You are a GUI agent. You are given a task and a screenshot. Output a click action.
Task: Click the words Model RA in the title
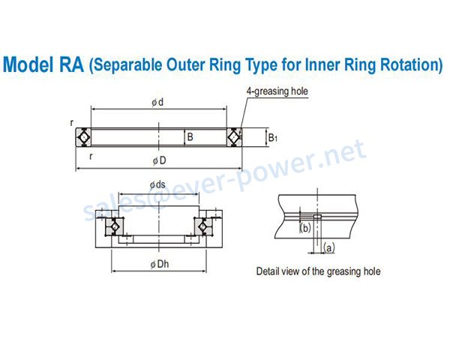point(43,64)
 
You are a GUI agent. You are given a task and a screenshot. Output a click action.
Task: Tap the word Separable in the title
point(126,65)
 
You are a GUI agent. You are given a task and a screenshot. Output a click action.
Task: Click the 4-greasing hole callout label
point(277,91)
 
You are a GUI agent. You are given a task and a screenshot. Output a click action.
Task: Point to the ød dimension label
point(157,102)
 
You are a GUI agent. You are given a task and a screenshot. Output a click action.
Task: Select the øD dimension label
point(159,160)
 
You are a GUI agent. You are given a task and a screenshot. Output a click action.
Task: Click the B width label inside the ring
point(190,137)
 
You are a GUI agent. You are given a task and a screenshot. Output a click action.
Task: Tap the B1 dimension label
point(273,138)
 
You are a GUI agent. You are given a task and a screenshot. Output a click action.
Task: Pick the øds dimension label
point(157,185)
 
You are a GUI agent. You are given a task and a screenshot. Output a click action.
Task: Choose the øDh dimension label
point(160,265)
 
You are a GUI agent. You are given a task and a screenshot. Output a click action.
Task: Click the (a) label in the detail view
point(329,247)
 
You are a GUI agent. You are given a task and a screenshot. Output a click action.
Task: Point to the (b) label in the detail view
point(305,228)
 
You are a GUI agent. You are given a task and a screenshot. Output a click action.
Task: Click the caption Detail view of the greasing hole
point(318,271)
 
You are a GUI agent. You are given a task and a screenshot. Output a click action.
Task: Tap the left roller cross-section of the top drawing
point(83,137)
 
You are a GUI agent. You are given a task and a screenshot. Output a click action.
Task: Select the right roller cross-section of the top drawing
point(235,137)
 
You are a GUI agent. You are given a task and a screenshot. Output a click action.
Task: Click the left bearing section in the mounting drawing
point(115,226)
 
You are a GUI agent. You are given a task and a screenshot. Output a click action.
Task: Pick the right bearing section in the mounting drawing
point(203,226)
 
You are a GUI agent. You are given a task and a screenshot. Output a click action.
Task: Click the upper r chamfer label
point(71,122)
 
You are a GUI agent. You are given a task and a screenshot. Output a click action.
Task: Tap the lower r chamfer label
point(91,157)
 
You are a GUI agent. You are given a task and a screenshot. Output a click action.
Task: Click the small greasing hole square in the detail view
point(317,217)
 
